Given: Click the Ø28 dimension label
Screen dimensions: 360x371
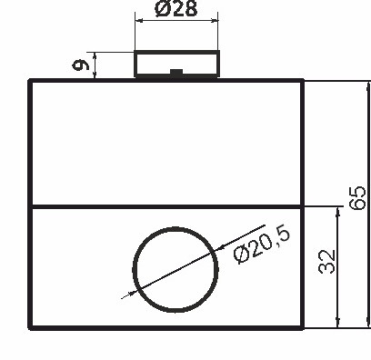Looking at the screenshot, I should [x=177, y=9].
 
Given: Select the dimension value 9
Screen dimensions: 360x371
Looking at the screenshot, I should [x=80, y=65].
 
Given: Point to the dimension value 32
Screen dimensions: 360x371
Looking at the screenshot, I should [x=328, y=263].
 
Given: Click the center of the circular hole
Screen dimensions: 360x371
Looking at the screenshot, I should [x=177, y=268].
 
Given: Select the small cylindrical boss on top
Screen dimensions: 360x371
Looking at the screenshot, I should [x=177, y=64].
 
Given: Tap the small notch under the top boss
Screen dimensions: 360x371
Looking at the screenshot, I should [x=177, y=71].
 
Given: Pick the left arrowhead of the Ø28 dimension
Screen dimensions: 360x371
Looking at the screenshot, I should [x=139, y=21].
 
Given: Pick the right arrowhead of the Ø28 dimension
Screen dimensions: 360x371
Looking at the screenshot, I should [x=216, y=21].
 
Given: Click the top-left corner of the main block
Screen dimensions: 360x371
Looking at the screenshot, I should [x=31, y=81].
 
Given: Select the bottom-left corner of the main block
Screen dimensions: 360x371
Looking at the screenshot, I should [x=31, y=326].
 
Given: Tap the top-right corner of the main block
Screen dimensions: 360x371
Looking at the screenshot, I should [x=304, y=81].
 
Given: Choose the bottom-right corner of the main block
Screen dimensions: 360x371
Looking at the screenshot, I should [x=304, y=326].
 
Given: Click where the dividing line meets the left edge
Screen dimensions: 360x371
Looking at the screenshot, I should [x=31, y=207].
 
